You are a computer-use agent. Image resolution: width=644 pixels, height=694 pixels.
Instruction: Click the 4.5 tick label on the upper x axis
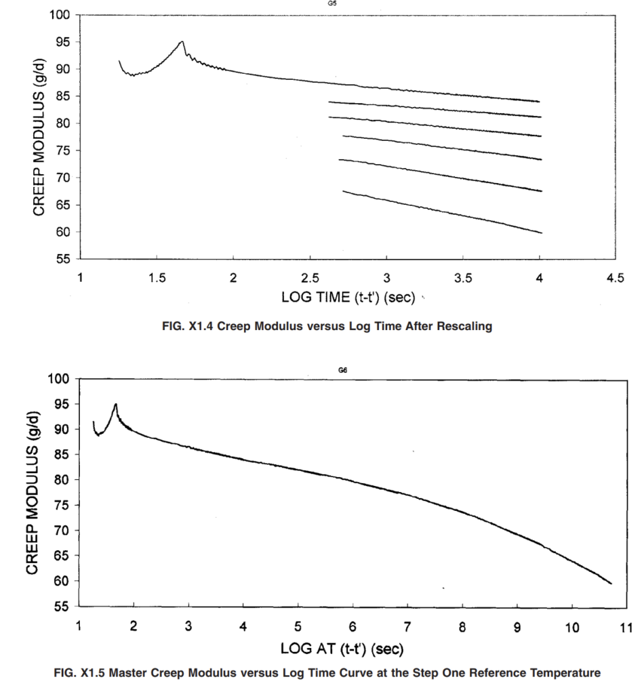(616, 278)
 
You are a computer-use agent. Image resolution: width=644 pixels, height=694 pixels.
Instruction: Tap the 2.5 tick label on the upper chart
(310, 278)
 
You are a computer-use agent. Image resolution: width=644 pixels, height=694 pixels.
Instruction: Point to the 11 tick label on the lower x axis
(626, 628)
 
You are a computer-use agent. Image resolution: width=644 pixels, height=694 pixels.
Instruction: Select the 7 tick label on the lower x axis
(407, 627)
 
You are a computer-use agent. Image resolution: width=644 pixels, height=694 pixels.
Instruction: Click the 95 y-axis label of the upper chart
(62, 42)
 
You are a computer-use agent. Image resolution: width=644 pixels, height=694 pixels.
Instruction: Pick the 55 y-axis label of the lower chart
(62, 607)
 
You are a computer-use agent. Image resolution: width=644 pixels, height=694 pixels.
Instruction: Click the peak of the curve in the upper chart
(182, 41)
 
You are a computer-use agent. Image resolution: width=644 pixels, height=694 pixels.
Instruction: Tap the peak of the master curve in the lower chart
(115, 404)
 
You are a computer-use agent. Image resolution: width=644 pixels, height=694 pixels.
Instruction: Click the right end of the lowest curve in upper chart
(542, 233)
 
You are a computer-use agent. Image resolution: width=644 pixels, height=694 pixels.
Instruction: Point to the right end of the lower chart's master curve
(611, 584)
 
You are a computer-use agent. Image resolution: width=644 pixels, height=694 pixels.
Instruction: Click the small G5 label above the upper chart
(332, 3)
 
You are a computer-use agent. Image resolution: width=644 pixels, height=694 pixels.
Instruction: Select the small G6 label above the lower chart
(342, 371)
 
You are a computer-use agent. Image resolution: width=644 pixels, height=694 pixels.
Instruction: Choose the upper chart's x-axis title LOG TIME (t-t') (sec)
(348, 297)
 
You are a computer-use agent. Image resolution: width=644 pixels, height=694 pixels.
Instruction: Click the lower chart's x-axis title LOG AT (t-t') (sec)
(342, 649)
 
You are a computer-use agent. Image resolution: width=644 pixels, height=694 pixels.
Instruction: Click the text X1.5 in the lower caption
(92, 673)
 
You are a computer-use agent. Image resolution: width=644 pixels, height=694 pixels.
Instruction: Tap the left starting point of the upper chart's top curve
(119, 61)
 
